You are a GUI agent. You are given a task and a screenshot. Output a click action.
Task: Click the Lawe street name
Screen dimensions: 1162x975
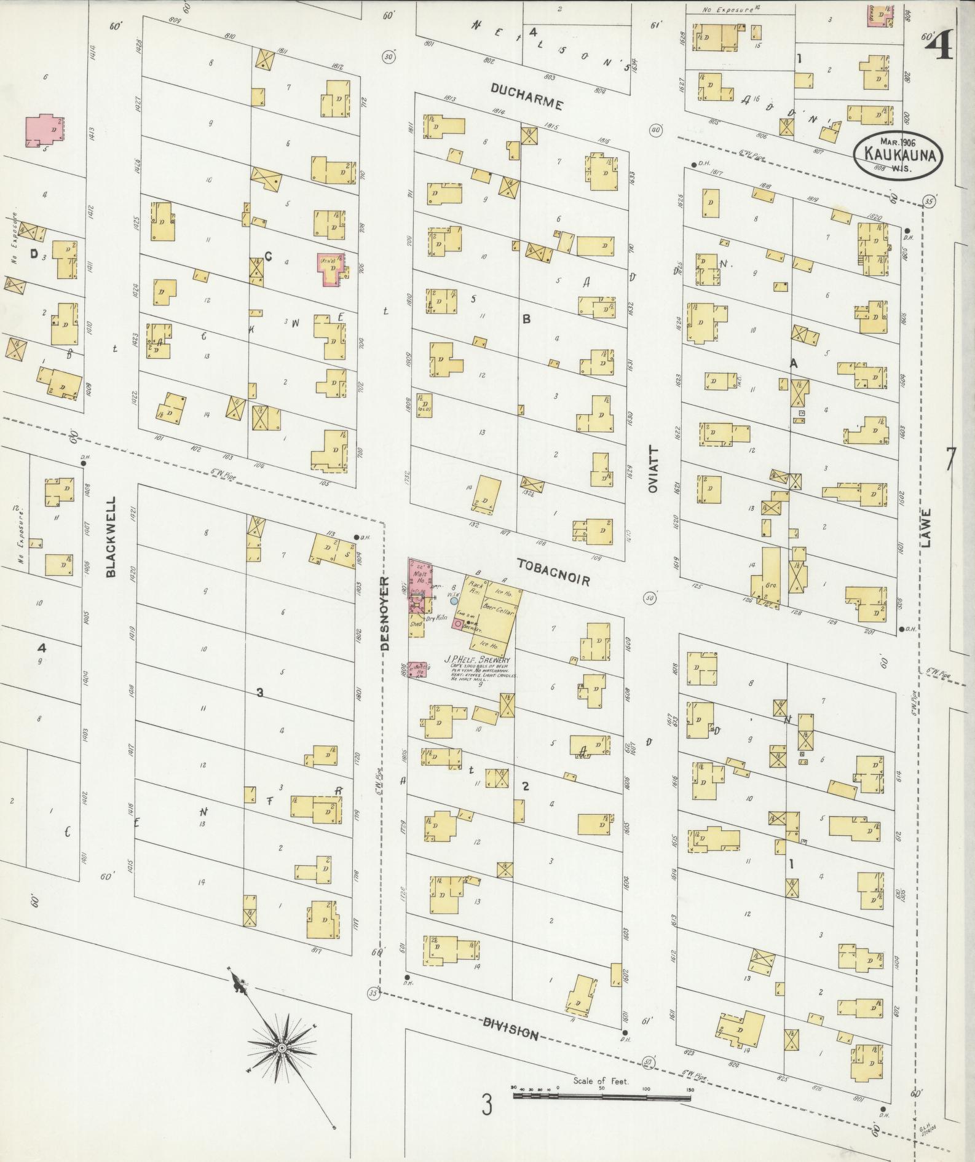[x=926, y=528]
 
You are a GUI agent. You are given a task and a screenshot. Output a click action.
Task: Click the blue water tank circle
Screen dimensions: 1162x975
[x=454, y=601]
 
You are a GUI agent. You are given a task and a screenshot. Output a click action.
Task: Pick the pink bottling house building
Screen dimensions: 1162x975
[x=417, y=670]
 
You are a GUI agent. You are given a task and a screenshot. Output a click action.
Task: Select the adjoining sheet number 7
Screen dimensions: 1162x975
[x=950, y=460]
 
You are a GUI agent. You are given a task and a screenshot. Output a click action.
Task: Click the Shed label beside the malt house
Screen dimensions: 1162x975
[x=416, y=624]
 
